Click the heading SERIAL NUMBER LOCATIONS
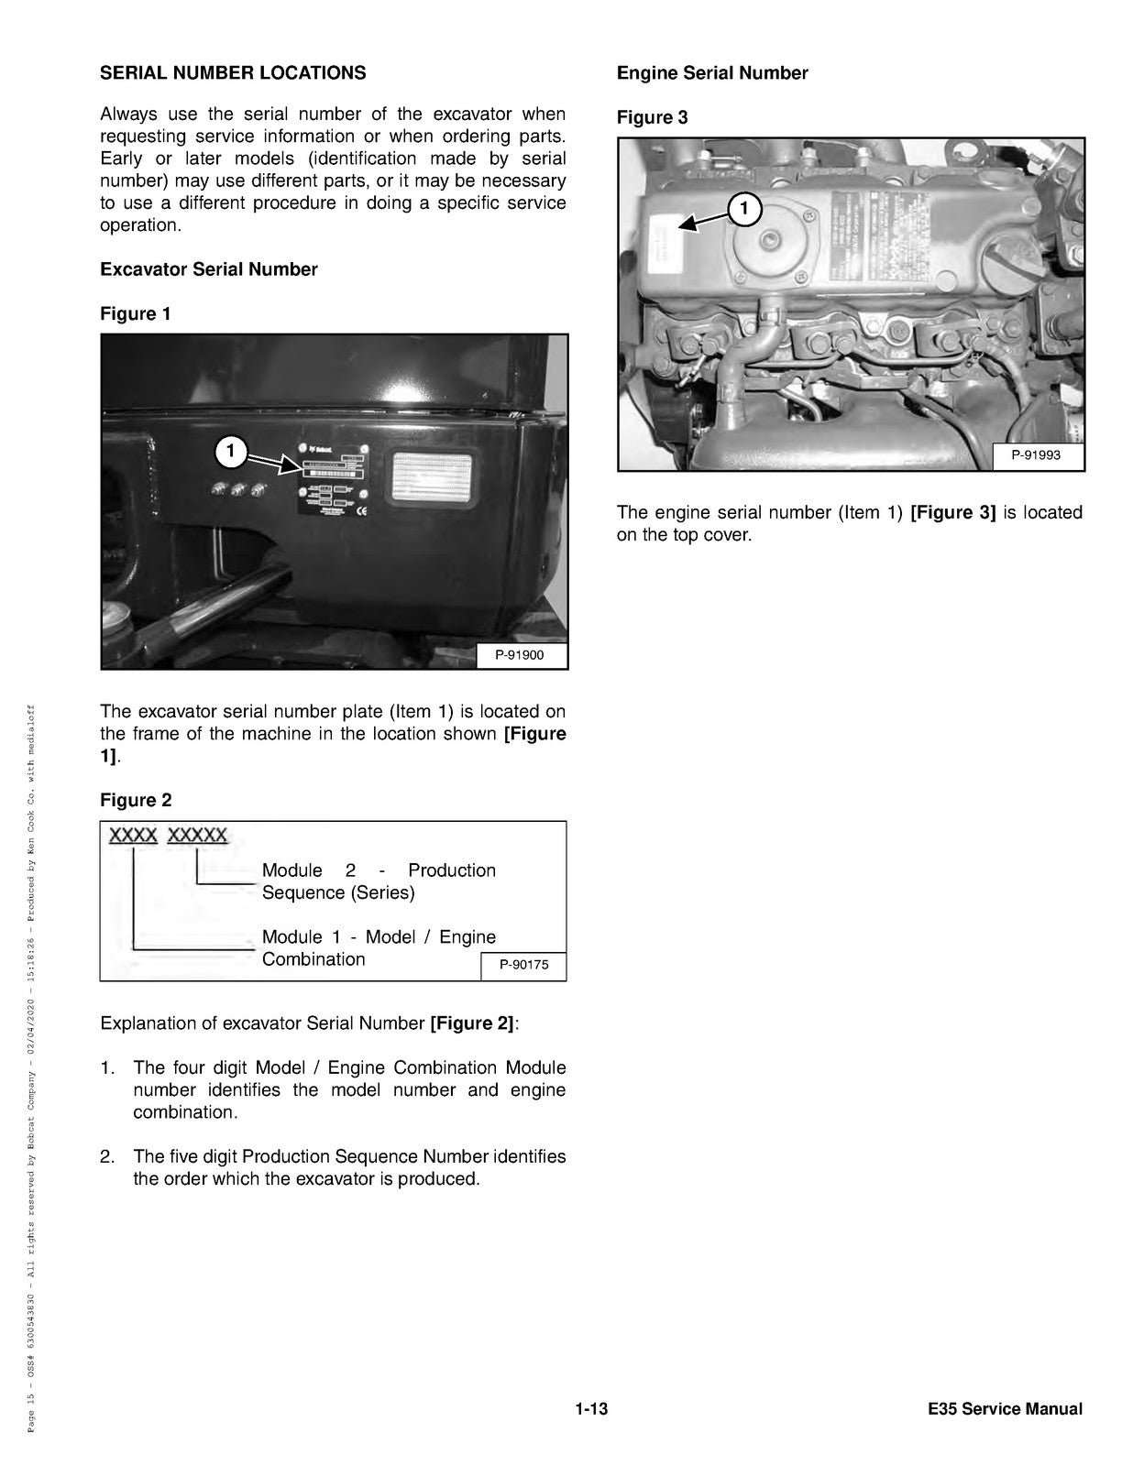[233, 73]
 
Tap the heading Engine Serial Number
[712, 73]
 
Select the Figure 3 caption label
[652, 117]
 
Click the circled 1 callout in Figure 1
[231, 451]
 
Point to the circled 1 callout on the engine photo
[744, 209]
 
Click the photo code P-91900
[520, 655]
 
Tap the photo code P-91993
[1037, 455]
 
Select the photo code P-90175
[523, 965]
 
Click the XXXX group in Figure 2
[133, 836]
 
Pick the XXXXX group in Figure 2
[198, 836]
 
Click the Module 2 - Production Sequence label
[378, 881]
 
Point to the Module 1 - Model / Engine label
[378, 947]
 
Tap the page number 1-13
[591, 1409]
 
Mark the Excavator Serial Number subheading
[209, 269]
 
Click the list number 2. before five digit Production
[107, 1156]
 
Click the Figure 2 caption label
[136, 800]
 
